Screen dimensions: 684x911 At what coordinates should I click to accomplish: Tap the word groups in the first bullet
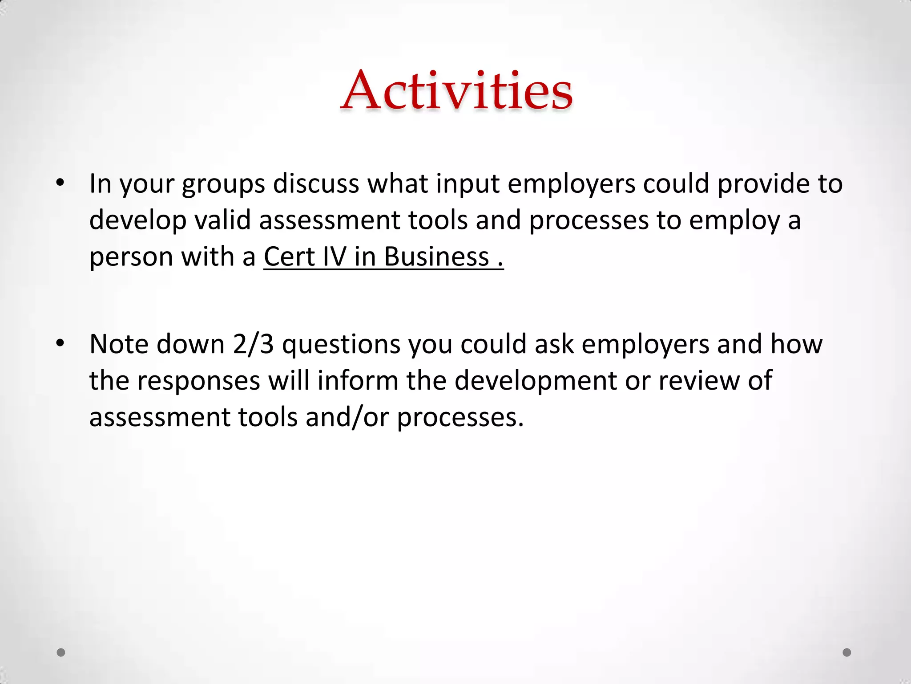[223, 185]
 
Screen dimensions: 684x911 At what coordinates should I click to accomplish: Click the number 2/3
[253, 344]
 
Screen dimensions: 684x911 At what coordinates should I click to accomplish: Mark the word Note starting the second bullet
[119, 344]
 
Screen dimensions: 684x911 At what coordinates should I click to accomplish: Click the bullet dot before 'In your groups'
[60, 183]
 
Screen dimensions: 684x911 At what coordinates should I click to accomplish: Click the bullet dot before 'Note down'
[60, 343]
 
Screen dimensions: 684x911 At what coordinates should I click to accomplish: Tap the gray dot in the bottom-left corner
[61, 652]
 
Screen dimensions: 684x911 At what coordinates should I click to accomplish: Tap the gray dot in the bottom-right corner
[847, 652]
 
